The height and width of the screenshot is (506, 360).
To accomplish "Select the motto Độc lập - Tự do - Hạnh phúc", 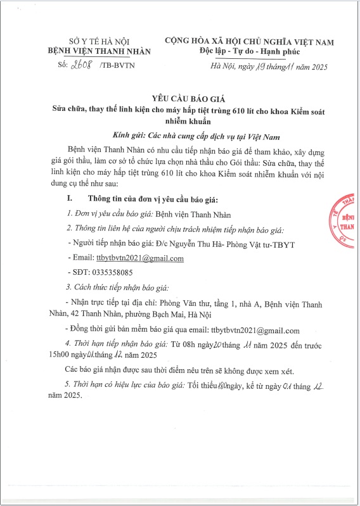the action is click(x=249, y=50).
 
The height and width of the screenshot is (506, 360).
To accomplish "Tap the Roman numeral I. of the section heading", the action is click(x=70, y=199).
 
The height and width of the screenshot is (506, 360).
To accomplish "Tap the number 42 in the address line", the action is click(x=78, y=316).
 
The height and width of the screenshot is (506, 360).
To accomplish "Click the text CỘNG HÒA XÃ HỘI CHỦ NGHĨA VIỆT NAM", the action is click(x=249, y=41).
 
